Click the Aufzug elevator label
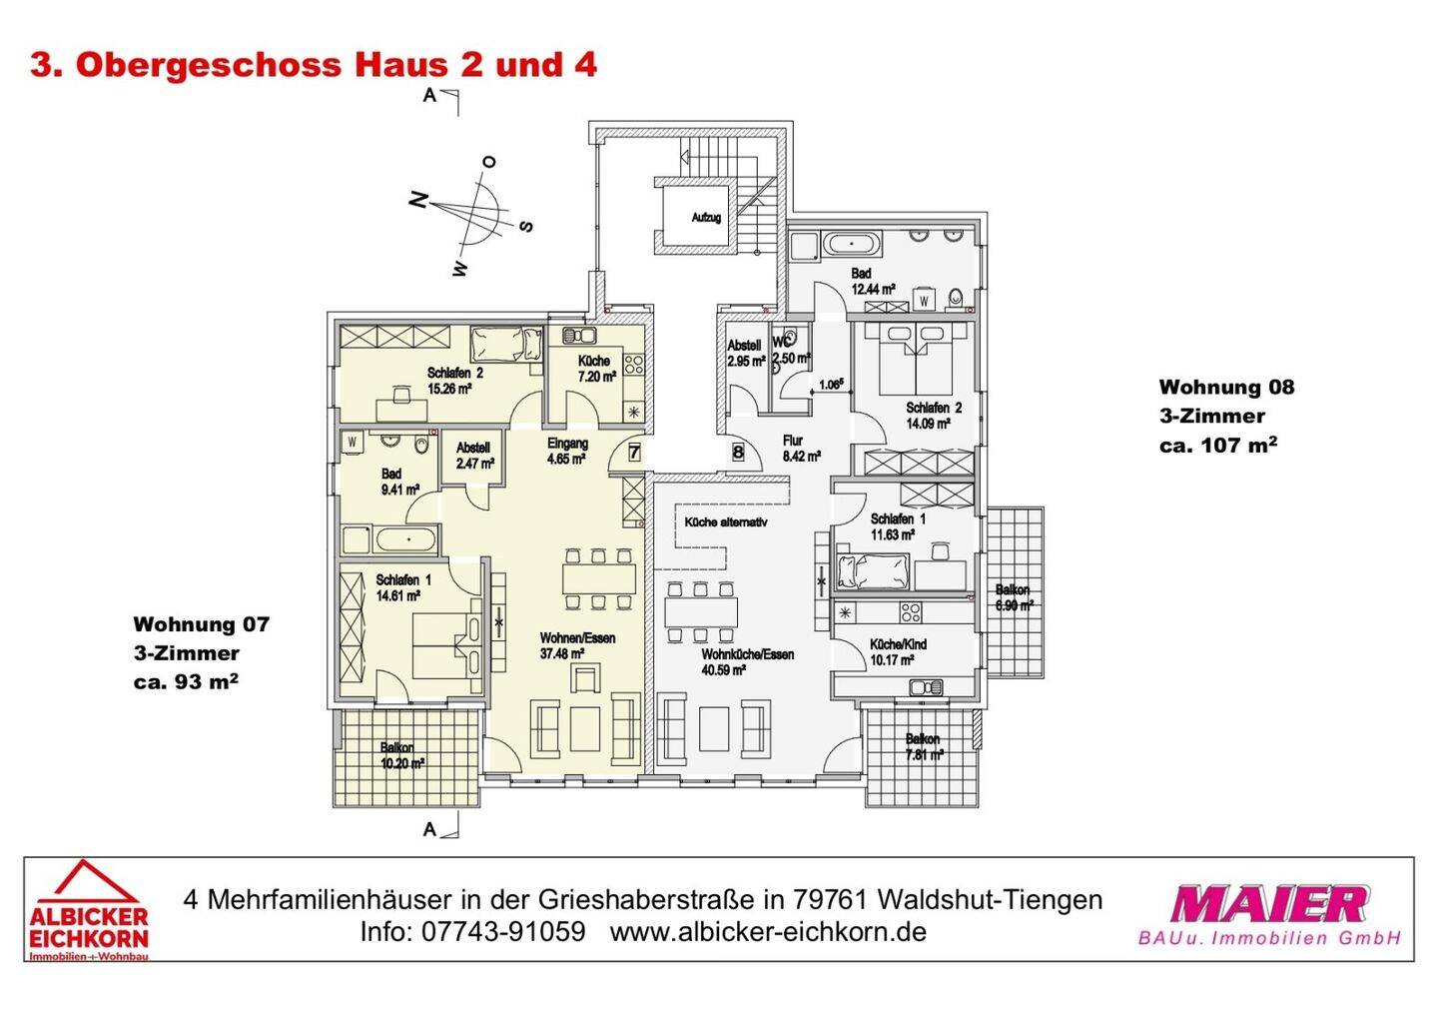coord(706,217)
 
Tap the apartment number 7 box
coord(634,452)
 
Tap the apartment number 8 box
coord(738,452)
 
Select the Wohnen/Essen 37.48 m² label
coord(577,645)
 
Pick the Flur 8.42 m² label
coord(800,448)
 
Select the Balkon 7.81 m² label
coord(923,747)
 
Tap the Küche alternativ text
coord(725,521)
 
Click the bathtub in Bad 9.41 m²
coord(405,541)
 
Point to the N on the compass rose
coord(418,199)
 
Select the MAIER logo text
coord(1268,904)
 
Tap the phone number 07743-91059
coord(504,932)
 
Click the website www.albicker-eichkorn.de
coord(768,932)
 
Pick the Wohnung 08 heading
coord(1226,387)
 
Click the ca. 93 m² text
coord(186,682)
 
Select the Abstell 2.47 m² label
coord(475,457)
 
